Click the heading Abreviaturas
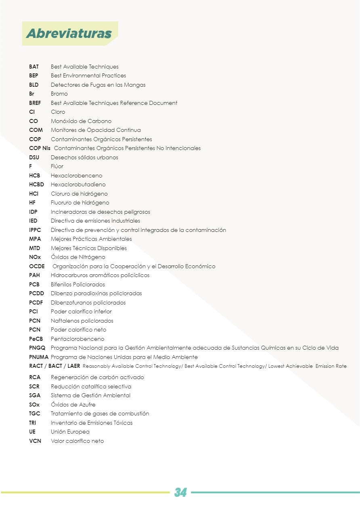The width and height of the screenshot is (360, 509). (69, 33)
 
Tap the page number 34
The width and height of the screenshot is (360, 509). (180, 492)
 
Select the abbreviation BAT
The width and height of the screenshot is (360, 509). (34, 67)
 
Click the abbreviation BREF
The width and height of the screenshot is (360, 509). (35, 103)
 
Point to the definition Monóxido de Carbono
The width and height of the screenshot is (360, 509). (81, 121)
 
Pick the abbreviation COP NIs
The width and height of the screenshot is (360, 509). (40, 148)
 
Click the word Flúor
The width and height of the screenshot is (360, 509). (57, 166)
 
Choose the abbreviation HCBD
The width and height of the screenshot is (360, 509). (36, 184)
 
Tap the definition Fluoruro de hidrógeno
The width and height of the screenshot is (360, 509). (80, 202)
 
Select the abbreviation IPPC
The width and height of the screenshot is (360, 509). (35, 230)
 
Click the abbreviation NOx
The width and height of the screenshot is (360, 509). (35, 257)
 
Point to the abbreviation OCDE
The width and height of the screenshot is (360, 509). (37, 266)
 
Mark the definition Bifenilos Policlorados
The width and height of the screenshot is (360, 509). (78, 284)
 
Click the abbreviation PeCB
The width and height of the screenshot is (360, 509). (36, 339)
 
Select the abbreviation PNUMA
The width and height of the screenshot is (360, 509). (39, 357)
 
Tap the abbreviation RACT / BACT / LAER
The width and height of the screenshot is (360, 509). (54, 366)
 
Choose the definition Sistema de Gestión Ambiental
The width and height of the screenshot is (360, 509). (91, 395)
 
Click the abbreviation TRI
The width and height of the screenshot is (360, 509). (33, 423)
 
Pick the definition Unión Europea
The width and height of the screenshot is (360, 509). (70, 432)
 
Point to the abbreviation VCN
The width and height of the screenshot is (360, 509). (35, 441)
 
